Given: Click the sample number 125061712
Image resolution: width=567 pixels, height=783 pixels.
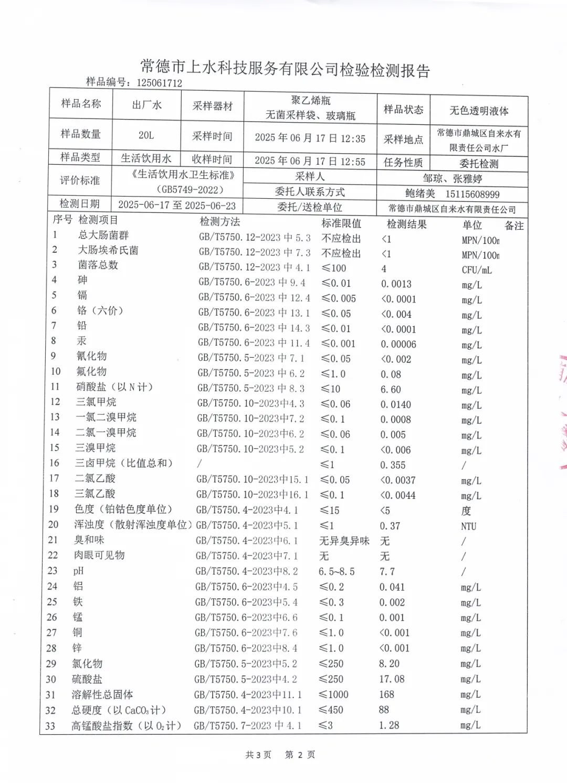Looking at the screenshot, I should tap(159, 83).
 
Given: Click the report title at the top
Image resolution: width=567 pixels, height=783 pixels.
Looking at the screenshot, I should tap(285, 68).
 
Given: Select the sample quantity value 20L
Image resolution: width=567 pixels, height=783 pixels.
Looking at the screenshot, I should tap(146, 135).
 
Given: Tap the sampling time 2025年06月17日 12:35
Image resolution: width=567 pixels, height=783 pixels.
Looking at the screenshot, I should tap(310, 138).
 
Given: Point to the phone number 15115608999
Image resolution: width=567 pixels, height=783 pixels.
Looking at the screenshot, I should tap(472, 194).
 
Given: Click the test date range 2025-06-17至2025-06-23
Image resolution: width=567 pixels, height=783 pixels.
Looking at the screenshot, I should tap(177, 205).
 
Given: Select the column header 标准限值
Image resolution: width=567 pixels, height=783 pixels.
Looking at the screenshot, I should tap(341, 223).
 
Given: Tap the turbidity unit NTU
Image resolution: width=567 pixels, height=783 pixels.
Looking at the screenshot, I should tap(468, 526).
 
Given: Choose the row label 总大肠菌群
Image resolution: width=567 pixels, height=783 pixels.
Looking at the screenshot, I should tap(103, 235).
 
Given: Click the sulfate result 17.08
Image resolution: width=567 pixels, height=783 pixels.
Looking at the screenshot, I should tap(392, 679).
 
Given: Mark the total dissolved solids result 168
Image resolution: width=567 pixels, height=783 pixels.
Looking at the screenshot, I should tap(386, 694).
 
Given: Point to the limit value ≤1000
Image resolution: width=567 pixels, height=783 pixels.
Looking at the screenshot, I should tap(334, 694).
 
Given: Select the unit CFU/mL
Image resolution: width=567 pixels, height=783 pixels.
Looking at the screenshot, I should tap(477, 270).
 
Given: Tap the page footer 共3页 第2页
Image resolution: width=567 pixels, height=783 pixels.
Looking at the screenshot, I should tap(280, 755).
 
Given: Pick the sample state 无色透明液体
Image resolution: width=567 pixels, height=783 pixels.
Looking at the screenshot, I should tap(479, 111).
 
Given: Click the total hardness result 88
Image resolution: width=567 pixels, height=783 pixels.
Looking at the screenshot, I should tap(384, 710).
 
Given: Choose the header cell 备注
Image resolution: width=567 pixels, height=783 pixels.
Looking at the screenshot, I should tap(514, 226).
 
